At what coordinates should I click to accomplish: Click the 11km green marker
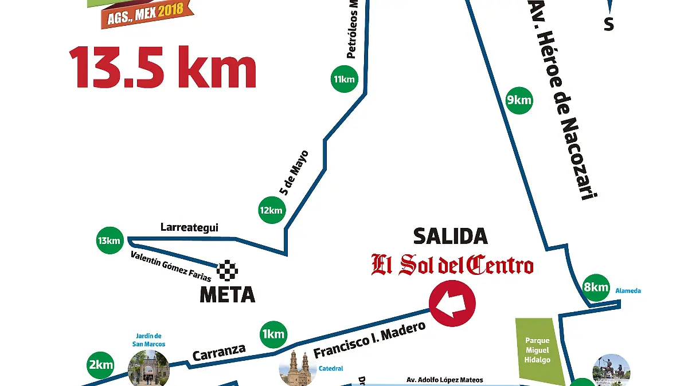coord(344,79)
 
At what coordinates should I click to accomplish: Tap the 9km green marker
coord(519,101)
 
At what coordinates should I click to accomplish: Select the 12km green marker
coord(271,210)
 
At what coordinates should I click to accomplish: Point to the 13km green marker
coord(109,241)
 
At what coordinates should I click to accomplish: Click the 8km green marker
coord(595,287)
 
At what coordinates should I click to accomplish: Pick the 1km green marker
coord(273,334)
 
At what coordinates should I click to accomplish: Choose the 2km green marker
coord(100,364)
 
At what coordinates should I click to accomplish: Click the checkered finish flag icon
coord(228,270)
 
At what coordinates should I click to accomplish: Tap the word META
coord(227,295)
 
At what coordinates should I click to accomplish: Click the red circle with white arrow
coord(452,304)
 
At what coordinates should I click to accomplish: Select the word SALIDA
coord(451,236)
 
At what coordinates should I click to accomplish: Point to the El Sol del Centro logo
coord(452,265)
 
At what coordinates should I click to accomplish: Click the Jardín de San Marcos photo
coord(148,369)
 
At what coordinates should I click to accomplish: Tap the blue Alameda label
coord(628,291)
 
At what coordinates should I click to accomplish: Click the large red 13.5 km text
coord(163,68)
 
